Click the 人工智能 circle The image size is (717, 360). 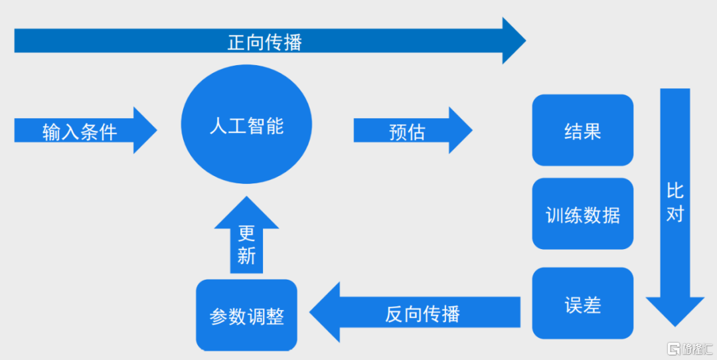(x=246, y=124)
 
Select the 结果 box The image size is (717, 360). (x=583, y=130)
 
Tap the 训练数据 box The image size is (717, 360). (x=583, y=214)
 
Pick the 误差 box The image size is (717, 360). (x=583, y=304)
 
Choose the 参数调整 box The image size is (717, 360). (x=246, y=315)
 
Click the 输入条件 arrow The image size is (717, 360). (x=86, y=130)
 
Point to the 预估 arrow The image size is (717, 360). (x=413, y=130)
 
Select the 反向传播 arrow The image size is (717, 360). (x=415, y=312)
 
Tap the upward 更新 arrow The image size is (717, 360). (x=246, y=234)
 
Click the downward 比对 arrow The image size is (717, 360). (x=675, y=207)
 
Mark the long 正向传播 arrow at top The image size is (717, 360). (x=270, y=41)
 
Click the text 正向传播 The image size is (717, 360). (x=265, y=43)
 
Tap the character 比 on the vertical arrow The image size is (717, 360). (x=675, y=190)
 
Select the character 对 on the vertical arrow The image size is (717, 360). (x=675, y=213)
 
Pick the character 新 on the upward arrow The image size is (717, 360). (x=246, y=256)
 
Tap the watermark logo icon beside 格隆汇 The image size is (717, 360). (x=674, y=349)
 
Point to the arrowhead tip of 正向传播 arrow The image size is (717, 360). (x=526, y=41)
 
